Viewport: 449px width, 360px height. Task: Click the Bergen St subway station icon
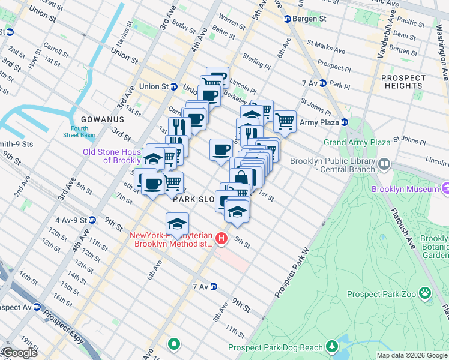[x=288, y=19]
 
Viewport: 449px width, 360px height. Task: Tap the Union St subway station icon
[x=173, y=86]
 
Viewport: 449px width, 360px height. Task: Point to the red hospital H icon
[x=221, y=239]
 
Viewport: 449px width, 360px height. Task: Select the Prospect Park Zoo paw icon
[x=426, y=294]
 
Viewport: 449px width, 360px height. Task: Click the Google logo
[x=19, y=353]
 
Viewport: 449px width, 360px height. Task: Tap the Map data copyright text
[x=412, y=355]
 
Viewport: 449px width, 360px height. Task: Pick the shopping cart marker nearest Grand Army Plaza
[x=285, y=122]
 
